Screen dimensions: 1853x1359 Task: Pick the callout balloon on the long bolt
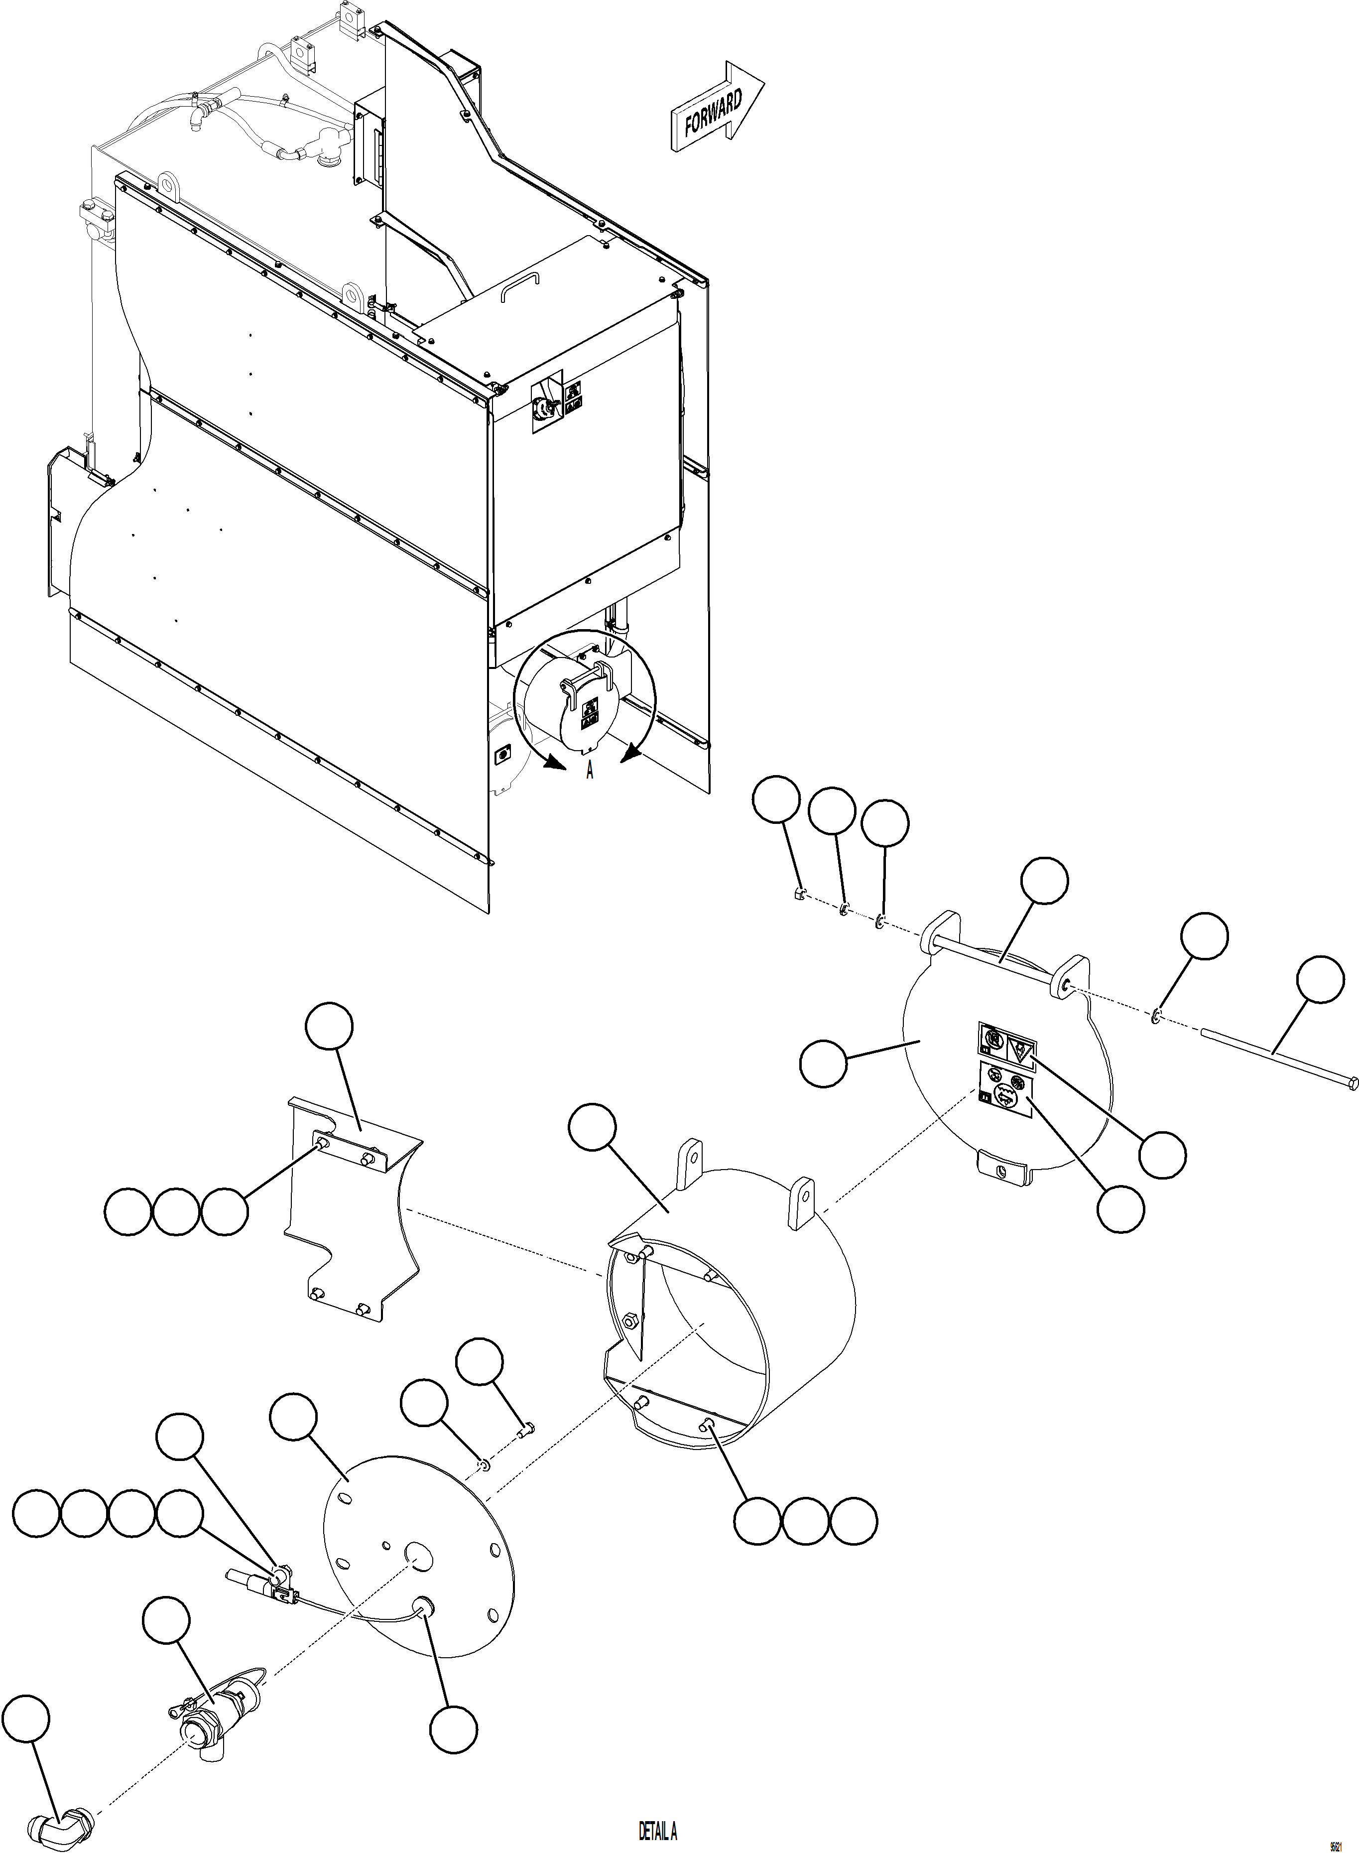(1320, 979)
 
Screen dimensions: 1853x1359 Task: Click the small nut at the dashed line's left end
(798, 895)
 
